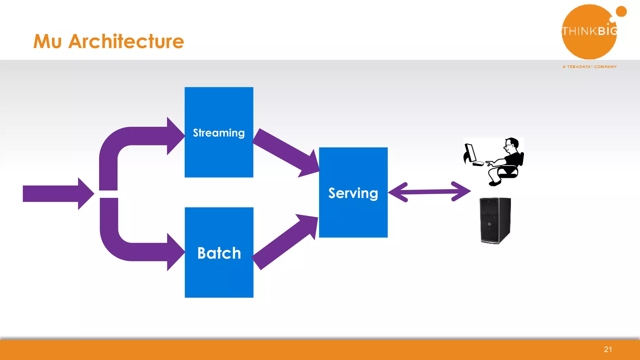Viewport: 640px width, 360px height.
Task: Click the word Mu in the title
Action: [x=47, y=42]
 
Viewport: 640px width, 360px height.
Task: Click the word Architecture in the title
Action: [x=126, y=42]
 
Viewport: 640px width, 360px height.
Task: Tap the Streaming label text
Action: [x=219, y=133]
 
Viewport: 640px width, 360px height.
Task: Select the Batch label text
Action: [x=219, y=253]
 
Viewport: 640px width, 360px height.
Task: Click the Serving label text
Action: [x=353, y=193]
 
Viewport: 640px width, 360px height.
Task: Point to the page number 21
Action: [x=608, y=349]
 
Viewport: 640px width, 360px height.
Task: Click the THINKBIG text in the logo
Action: [x=589, y=31]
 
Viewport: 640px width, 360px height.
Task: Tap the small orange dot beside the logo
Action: [x=621, y=12]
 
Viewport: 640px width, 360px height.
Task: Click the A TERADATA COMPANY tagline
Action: [x=589, y=67]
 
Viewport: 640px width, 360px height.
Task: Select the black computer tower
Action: [x=495, y=220]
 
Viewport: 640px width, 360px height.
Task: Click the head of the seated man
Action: [x=512, y=145]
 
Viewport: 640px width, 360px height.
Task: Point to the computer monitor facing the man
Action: [x=470, y=153]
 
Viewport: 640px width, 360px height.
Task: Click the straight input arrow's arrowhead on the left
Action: [x=85, y=193]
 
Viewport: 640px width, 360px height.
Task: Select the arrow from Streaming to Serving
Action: [x=286, y=152]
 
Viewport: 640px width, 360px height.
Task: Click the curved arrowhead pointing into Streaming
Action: [x=175, y=136]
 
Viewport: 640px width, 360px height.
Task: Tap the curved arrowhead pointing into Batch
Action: [x=175, y=252]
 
